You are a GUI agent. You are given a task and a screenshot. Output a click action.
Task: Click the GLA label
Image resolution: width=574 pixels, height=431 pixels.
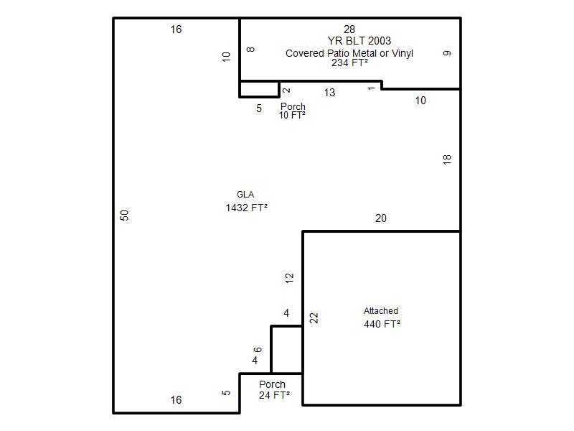click(x=245, y=195)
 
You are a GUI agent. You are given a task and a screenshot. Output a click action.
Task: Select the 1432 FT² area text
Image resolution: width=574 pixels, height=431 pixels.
click(x=246, y=208)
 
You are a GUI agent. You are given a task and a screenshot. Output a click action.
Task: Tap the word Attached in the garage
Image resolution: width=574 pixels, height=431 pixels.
click(x=381, y=311)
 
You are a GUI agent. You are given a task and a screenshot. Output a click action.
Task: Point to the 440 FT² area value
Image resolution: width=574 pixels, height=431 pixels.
click(x=382, y=324)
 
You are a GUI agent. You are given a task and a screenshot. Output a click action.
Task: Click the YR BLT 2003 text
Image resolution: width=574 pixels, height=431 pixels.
click(x=359, y=41)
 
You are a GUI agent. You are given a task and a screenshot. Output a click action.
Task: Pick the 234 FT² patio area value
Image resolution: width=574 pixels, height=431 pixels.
click(x=349, y=62)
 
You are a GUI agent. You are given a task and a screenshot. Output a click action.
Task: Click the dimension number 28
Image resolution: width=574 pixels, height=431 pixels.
click(x=349, y=29)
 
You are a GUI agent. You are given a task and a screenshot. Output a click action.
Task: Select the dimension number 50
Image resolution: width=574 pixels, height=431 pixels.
click(x=124, y=215)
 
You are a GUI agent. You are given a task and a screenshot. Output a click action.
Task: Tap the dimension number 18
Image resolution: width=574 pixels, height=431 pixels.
click(x=447, y=159)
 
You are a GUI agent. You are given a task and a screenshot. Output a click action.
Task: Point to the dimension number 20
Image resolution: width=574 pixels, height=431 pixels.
click(x=381, y=218)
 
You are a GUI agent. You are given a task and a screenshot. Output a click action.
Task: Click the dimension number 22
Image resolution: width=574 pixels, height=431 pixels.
click(x=314, y=318)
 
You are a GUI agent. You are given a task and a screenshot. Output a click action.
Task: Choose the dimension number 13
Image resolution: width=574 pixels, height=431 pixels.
click(x=329, y=93)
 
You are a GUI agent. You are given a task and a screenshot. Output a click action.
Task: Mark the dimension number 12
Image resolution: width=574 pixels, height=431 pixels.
click(x=289, y=278)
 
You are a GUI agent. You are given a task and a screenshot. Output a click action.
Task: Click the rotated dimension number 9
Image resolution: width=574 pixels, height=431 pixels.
click(x=447, y=53)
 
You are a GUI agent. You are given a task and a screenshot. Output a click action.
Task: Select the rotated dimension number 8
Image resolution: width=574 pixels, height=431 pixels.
click(x=250, y=50)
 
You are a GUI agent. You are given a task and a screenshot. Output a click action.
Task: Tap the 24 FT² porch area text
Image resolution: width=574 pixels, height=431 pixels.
click(x=274, y=395)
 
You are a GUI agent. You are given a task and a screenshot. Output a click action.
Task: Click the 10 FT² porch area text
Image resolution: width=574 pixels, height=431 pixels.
click(x=292, y=115)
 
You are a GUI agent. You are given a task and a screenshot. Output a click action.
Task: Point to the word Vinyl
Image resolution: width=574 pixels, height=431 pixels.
click(x=403, y=53)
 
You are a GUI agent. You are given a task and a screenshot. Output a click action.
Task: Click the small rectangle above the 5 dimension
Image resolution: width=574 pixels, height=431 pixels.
click(x=259, y=89)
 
